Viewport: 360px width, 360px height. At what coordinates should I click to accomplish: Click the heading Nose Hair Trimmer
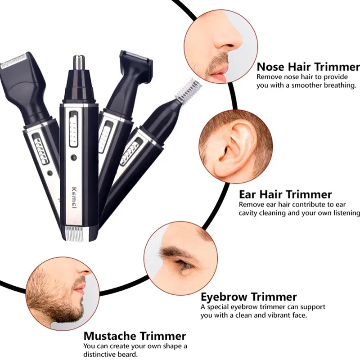pos(308,67)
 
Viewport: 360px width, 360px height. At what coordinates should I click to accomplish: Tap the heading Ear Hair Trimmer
pos(285,194)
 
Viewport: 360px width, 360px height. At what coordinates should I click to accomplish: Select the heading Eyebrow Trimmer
pos(248,297)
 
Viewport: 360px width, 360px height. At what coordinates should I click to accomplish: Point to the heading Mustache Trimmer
pos(135,336)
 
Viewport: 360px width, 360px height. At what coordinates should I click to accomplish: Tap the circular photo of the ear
pos(235,146)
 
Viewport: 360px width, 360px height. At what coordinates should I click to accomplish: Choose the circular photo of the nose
pos(220,47)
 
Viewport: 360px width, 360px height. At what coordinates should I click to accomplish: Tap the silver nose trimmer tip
pos(79,63)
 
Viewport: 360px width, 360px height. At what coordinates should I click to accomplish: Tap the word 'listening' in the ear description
pos(344,212)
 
